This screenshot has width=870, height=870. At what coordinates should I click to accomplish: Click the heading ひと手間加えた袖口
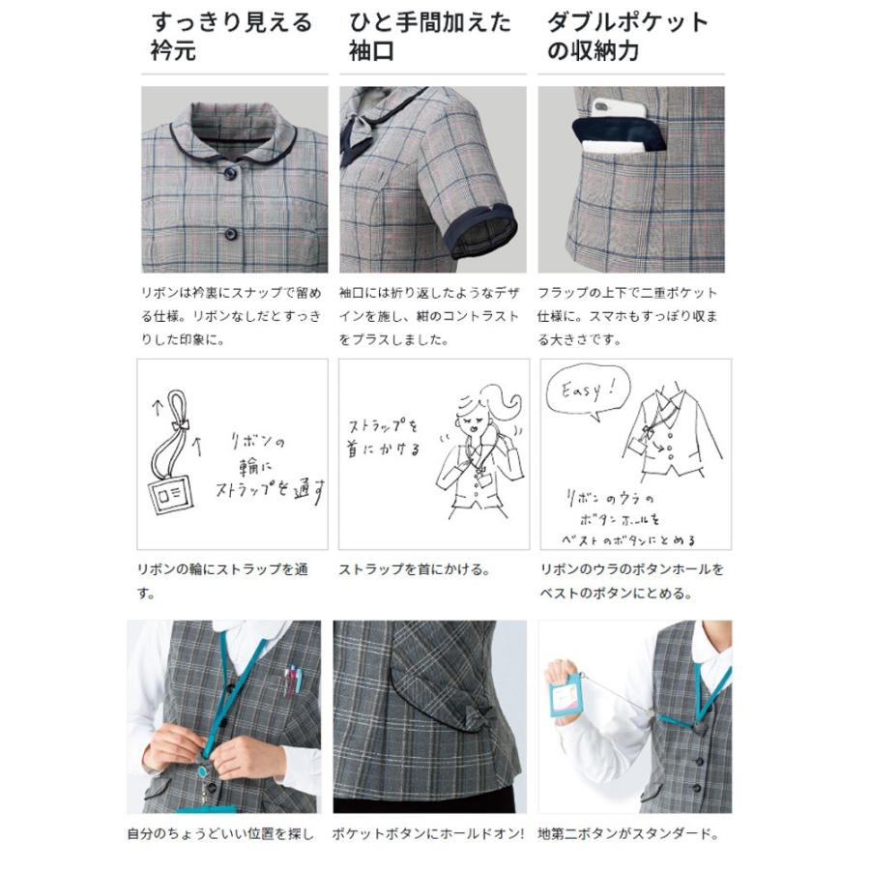(x=429, y=36)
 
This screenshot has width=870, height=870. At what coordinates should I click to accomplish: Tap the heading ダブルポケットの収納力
(x=627, y=36)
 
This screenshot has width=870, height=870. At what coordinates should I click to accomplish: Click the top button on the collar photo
(x=231, y=173)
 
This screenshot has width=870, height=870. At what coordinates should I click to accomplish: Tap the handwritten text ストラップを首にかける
(x=386, y=437)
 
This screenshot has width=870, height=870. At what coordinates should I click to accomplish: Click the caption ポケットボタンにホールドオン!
(x=428, y=833)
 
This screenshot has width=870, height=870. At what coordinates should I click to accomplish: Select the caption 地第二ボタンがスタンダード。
(x=628, y=833)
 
